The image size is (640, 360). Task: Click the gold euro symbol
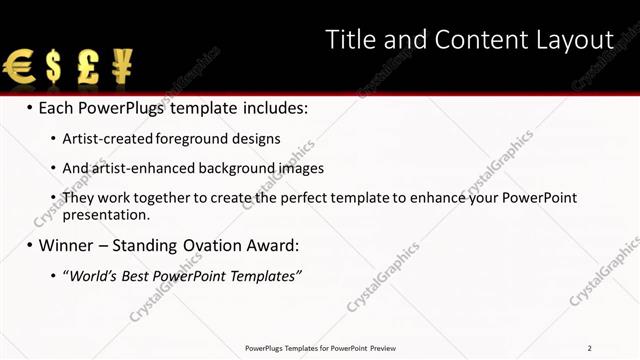[x=18, y=68]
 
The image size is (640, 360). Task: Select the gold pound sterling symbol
[x=88, y=68]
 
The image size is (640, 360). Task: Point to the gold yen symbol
[x=122, y=68]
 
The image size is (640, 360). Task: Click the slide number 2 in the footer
[x=590, y=348]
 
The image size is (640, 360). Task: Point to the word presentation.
[x=105, y=214]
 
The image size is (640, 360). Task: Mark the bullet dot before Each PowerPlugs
[x=30, y=108]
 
